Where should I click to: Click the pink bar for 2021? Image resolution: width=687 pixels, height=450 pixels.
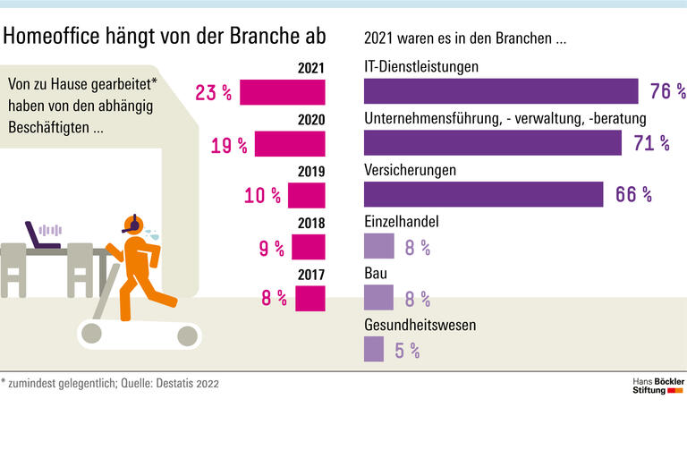pos(282,92)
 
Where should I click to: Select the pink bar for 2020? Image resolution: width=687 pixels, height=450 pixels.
pos(290,144)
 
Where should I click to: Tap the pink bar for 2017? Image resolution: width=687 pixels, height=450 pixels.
pos(309,298)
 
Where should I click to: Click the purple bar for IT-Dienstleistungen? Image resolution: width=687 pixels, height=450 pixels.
pos(501,91)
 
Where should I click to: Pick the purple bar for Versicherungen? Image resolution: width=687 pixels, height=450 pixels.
pos(483,194)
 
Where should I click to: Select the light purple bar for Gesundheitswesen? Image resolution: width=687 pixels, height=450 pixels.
pos(374,349)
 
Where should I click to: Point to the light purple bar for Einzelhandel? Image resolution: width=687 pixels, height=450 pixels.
pos(378,247)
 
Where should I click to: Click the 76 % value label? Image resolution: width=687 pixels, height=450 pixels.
pos(667,92)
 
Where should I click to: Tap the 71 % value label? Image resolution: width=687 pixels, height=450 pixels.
pos(650,143)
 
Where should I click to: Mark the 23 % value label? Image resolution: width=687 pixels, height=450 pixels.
pos(213,92)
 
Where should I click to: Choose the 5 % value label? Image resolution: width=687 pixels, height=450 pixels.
pos(406,351)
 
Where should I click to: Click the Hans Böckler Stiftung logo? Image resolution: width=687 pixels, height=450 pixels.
pos(657,386)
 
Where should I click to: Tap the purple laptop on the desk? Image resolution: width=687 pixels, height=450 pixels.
pos(41,236)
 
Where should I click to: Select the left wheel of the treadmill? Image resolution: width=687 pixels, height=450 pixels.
pos(92,334)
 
